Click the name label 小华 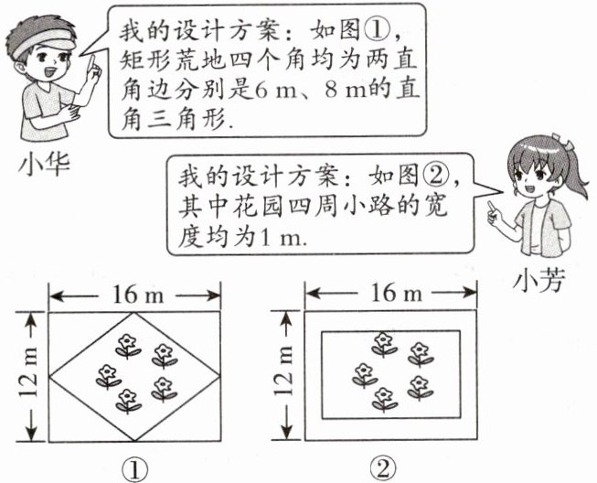(x=43, y=166)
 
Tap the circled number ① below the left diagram (x=134, y=468)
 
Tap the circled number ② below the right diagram (x=382, y=468)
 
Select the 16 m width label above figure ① (x=134, y=295)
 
